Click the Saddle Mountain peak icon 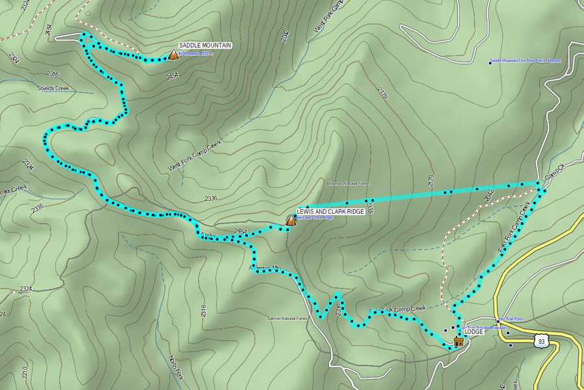173,56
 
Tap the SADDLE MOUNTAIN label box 205,45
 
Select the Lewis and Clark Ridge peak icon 291,221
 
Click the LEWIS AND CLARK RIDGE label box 330,212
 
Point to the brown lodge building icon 458,341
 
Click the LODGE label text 474,331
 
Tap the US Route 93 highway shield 541,341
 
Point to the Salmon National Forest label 286,318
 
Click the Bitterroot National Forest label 348,183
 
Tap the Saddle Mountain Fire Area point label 526,60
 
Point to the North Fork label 175,368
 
